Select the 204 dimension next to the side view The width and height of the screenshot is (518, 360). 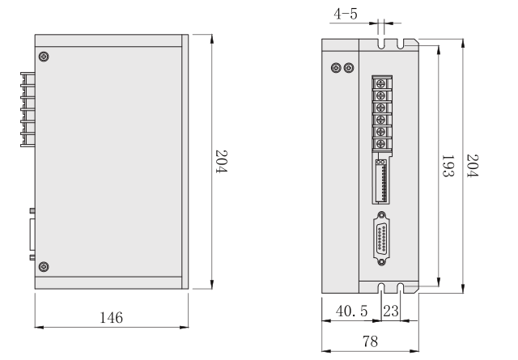(x=220, y=163)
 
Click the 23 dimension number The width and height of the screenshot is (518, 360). (x=390, y=310)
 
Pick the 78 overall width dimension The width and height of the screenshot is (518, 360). (x=370, y=341)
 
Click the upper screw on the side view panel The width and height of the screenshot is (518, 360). (x=44, y=56)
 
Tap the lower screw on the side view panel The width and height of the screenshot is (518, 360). (x=44, y=267)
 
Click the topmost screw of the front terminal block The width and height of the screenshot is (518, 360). (x=379, y=83)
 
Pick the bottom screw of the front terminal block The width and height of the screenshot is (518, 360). (x=379, y=144)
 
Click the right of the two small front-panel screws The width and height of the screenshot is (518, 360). (x=349, y=68)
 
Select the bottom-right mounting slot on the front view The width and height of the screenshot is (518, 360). (x=401, y=287)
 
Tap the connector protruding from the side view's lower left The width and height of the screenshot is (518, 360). (x=32, y=235)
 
